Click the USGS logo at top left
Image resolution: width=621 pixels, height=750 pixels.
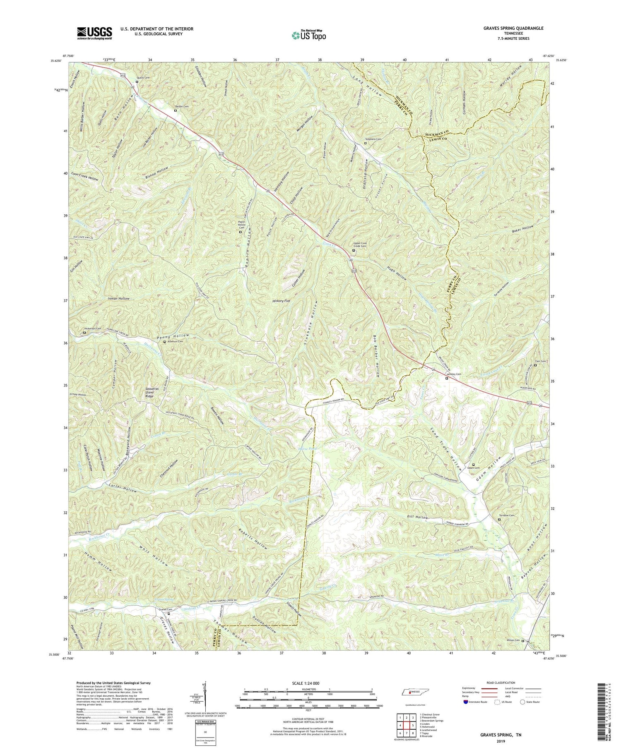coord(94,33)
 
